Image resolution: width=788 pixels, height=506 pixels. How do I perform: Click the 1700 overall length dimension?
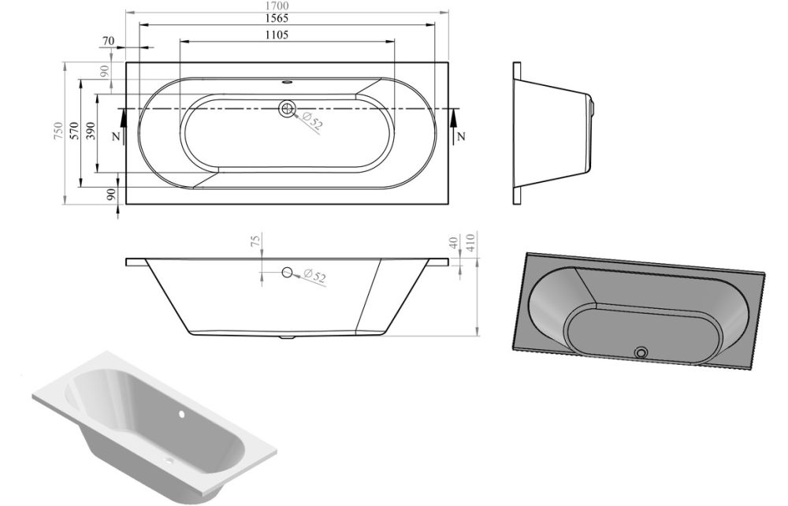pos(287,6)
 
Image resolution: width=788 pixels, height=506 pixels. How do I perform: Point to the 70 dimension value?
pos(108,41)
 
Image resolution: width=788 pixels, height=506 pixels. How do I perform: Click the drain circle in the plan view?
pos(287,110)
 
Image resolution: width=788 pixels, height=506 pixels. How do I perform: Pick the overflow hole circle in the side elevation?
pos(288,273)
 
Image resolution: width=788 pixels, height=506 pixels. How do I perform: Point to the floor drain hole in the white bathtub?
pos(170,460)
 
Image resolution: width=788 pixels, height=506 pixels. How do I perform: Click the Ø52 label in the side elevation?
pos(314,277)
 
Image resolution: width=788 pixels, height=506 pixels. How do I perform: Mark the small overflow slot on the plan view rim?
pos(287,80)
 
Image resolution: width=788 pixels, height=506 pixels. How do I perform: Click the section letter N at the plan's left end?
pos(115,136)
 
